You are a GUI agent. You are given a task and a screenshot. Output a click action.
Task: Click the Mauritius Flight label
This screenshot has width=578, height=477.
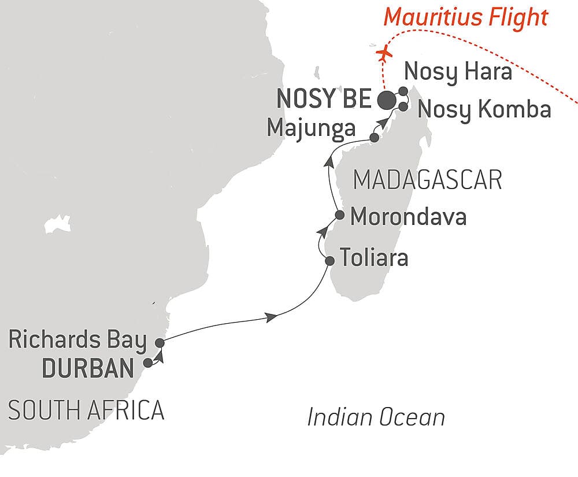coord(466,17)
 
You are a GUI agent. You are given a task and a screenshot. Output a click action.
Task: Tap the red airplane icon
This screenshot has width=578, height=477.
coord(383,54)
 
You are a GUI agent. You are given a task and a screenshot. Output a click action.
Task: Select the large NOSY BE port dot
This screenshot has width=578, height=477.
coord(387,100)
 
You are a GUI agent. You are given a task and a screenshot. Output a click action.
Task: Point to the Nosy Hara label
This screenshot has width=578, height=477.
coord(458,73)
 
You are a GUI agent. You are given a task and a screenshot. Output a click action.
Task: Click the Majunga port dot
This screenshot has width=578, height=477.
coord(374,138)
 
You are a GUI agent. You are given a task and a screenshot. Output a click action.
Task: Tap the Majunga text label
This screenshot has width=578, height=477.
coord(311,128)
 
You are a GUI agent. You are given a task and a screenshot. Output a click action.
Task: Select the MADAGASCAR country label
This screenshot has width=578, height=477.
coord(427,180)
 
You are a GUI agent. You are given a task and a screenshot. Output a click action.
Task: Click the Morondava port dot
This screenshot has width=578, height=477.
coord(340,216)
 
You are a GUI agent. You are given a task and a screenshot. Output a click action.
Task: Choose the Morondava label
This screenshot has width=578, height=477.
coord(408,217)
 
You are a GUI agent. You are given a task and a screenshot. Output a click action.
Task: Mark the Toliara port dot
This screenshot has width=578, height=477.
coord(329,260)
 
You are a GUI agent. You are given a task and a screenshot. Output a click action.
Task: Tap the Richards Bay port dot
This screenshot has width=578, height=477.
coord(160,342)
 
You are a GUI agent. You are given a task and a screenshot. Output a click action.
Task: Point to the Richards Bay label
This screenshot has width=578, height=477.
coord(77,341)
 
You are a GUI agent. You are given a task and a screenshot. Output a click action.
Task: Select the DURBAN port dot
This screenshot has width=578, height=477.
coord(148,363)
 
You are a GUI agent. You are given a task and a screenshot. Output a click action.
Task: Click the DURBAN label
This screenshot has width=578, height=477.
coord(88,368)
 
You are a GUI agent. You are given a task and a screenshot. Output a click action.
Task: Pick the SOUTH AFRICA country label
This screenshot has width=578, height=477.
coord(86,411)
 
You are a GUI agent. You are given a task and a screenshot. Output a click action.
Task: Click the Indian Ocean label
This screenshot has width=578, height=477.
coord(376,417)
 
